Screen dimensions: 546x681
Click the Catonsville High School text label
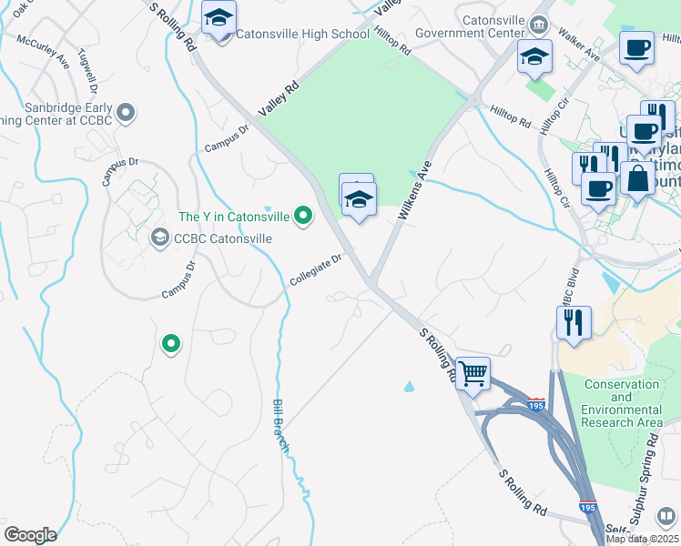click(302, 35)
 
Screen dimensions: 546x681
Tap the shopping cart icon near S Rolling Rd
click(473, 372)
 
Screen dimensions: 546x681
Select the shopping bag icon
click(637, 178)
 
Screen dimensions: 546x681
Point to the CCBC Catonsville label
click(223, 238)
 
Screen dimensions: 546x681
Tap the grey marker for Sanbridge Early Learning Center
click(127, 114)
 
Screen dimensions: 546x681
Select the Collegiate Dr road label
click(315, 268)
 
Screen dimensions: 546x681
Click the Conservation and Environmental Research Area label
click(623, 403)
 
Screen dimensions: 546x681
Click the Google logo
click(30, 534)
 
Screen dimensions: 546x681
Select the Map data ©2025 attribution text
click(642, 539)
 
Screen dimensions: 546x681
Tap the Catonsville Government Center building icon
click(540, 23)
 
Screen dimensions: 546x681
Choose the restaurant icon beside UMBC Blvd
click(574, 322)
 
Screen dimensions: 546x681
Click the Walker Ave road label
click(581, 55)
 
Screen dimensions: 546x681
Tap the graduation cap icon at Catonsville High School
click(219, 18)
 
